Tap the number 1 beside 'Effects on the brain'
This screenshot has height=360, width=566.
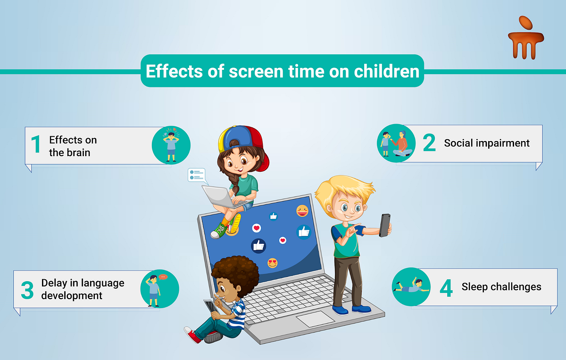tap(36, 145)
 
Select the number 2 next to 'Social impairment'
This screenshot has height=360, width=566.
tap(429, 143)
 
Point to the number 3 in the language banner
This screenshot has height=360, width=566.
tap(27, 290)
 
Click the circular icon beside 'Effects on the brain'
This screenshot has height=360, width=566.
tap(171, 145)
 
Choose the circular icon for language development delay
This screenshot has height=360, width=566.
tap(159, 289)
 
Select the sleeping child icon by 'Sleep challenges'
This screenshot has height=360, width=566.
tap(411, 286)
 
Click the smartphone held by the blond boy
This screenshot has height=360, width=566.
tap(385, 225)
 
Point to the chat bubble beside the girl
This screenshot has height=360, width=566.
tap(197, 176)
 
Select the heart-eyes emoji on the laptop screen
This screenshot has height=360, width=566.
tap(273, 262)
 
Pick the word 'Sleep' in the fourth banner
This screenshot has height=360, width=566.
tap(474, 286)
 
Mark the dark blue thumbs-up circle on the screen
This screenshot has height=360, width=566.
tap(258, 245)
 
